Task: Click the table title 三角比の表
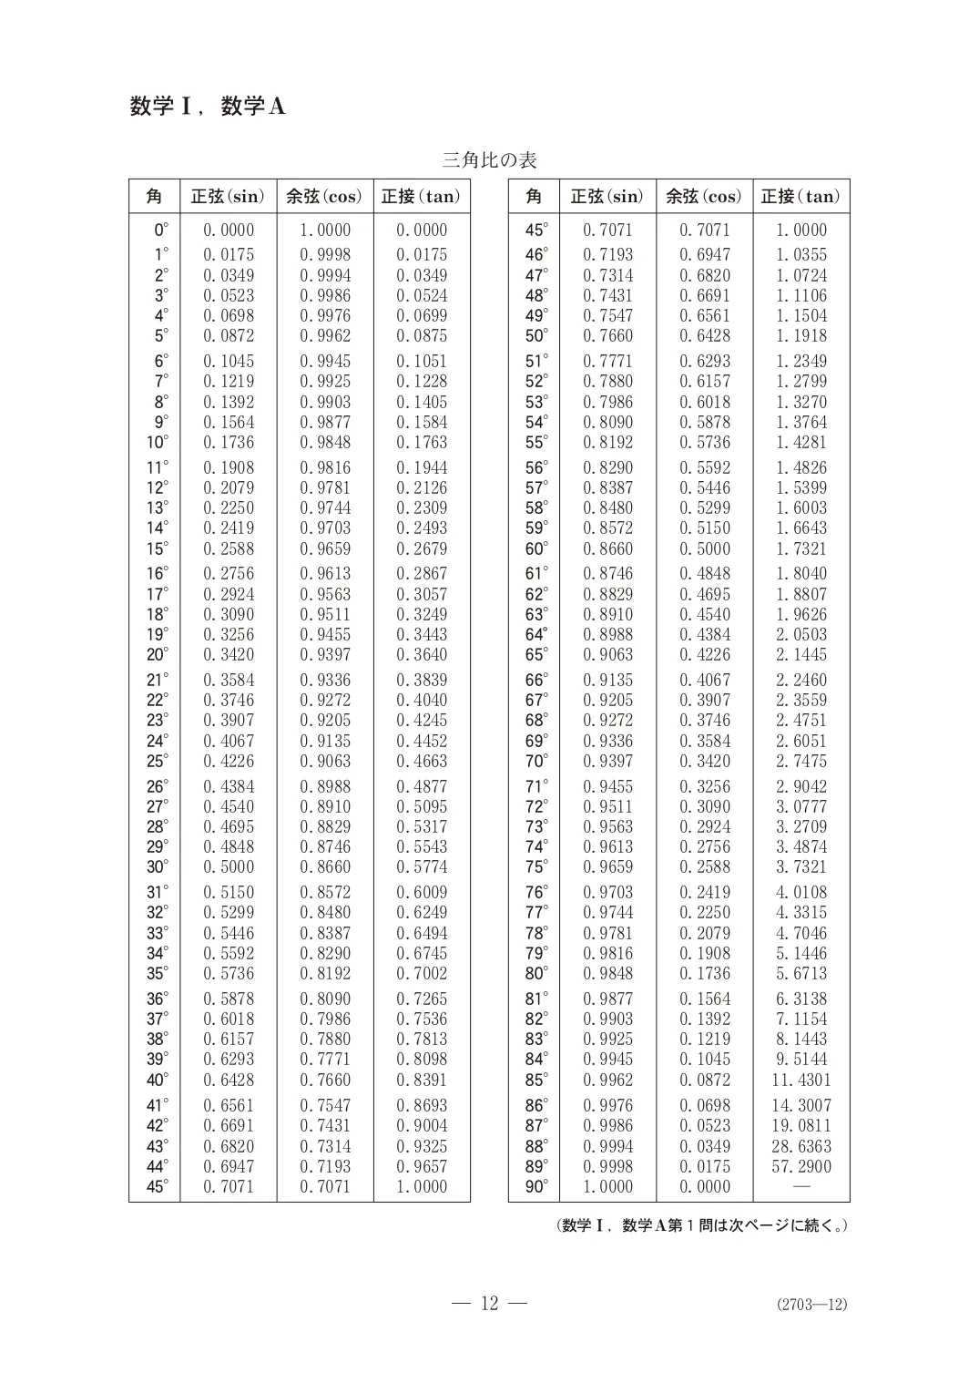[x=489, y=160]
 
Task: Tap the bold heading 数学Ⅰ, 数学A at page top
[x=208, y=107]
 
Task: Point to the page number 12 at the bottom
[x=490, y=1303]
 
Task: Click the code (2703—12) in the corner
[x=811, y=1304]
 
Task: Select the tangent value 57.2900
[x=801, y=1166]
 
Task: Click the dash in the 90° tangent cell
[x=801, y=1186]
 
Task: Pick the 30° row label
[x=157, y=866]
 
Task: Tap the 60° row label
[x=536, y=548]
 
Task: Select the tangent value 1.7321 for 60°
[x=801, y=548]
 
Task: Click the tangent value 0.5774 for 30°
[x=422, y=866]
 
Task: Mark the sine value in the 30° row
[x=229, y=866]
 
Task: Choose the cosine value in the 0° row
[x=325, y=230]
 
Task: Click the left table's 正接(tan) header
[x=421, y=196]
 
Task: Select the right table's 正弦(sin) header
[x=607, y=196]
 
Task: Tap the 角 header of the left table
[x=154, y=196]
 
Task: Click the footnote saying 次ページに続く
[x=702, y=1225]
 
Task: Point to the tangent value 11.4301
[x=801, y=1080]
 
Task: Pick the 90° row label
[x=536, y=1186]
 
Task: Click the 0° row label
[x=160, y=230]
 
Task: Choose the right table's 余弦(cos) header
[x=704, y=196]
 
